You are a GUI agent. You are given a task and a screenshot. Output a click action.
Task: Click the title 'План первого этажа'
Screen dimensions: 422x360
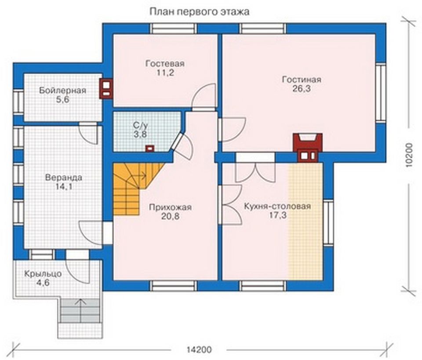click(199, 12)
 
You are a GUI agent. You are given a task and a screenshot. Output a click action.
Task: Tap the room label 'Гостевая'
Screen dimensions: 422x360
click(165, 64)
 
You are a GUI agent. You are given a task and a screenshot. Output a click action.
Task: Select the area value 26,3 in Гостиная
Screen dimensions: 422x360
click(302, 88)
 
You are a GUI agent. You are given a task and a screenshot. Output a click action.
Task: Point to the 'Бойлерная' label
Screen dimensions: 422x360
click(62, 91)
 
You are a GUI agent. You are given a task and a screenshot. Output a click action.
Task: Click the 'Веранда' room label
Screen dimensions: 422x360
click(63, 178)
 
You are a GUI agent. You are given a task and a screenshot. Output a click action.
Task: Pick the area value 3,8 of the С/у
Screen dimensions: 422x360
click(140, 134)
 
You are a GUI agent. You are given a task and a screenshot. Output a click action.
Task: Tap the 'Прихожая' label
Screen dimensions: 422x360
click(170, 207)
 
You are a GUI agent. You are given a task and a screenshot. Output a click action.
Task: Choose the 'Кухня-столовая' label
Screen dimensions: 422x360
click(277, 206)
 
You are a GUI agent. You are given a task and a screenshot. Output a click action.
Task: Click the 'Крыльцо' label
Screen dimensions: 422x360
click(43, 274)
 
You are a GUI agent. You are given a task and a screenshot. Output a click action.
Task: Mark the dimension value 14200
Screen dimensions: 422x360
click(199, 350)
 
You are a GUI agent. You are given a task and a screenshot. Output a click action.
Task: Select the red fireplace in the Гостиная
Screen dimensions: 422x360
click(307, 147)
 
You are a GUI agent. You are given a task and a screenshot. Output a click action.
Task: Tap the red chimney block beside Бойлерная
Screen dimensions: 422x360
click(106, 88)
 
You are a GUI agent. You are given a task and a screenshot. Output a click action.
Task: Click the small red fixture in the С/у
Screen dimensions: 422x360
click(150, 149)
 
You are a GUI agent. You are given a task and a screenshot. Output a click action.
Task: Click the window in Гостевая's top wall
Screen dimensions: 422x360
click(173, 28)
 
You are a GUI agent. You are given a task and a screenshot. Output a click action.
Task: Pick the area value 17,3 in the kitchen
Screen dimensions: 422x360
click(278, 215)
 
